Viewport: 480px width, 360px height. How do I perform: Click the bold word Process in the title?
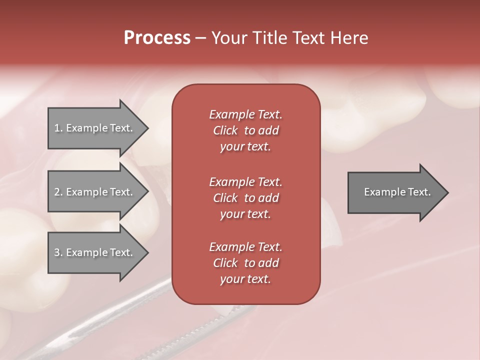click(157, 38)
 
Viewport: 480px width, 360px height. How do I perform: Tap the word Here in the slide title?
click(349, 38)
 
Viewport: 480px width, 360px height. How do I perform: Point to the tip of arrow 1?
click(147, 128)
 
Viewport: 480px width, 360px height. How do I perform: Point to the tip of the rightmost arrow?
click(447, 192)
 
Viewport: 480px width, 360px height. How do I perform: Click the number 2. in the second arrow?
click(58, 192)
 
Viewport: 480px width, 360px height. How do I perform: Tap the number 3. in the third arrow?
click(58, 252)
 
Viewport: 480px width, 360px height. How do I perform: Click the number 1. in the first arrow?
click(58, 128)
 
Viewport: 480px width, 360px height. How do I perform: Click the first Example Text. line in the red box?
click(245, 114)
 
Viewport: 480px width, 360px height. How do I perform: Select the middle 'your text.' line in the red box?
click(245, 214)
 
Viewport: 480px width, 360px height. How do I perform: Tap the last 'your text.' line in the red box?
click(245, 279)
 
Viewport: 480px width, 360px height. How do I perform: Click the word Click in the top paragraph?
click(225, 130)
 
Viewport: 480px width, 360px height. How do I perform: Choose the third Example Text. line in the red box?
click(245, 247)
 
